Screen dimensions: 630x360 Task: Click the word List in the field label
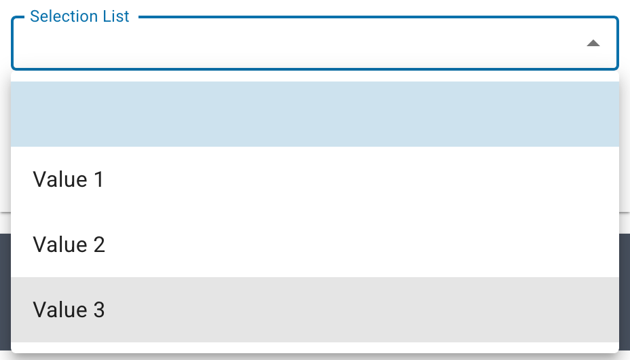pyautogui.click(x=117, y=16)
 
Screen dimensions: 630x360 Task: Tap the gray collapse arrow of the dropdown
pyautogui.click(x=593, y=43)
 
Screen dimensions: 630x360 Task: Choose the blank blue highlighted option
pyautogui.click(x=314, y=114)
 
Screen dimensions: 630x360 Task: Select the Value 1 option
pyautogui.click(x=314, y=179)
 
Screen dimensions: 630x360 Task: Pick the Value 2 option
pyautogui.click(x=314, y=245)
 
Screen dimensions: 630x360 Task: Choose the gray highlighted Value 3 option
pyautogui.click(x=314, y=309)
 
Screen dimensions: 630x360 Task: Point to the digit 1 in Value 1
pyautogui.click(x=99, y=179)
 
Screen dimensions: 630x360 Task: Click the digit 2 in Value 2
pyautogui.click(x=99, y=245)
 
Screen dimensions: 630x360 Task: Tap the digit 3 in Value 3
pyautogui.click(x=99, y=309)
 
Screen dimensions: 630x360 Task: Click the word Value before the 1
pyautogui.click(x=60, y=179)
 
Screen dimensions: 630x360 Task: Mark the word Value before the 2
pyautogui.click(x=60, y=245)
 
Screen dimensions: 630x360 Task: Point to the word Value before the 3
pyautogui.click(x=60, y=309)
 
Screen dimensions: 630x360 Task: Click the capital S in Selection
pyautogui.click(x=35, y=16)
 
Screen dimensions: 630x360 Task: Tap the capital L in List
pyautogui.click(x=109, y=16)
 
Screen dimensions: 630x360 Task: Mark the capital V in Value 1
pyautogui.click(x=40, y=179)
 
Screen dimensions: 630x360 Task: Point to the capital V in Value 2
pyautogui.click(x=40, y=245)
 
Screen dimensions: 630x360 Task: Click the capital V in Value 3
pyautogui.click(x=40, y=309)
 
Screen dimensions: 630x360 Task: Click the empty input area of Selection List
pyautogui.click(x=297, y=43)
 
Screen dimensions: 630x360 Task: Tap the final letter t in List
pyautogui.click(x=126, y=17)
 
